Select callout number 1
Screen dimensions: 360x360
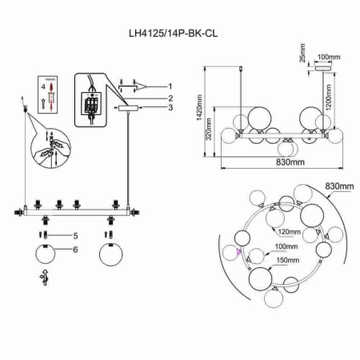170,85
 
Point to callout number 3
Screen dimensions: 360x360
170,108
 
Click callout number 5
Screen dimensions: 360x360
74,236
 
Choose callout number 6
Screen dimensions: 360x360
74,250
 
